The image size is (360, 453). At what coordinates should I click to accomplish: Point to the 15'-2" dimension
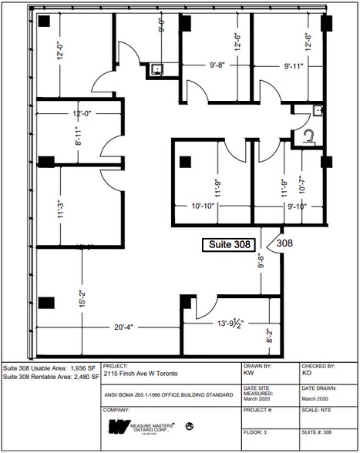pos(82,295)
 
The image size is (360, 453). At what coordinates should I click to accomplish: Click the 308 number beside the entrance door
pos(284,243)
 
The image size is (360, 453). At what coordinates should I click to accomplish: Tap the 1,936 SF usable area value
pos(82,368)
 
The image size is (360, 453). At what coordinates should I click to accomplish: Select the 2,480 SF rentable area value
pos(82,377)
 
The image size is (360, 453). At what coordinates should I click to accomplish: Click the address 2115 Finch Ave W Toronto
pos(141,374)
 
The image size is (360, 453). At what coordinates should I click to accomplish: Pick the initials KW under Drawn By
pos(248,374)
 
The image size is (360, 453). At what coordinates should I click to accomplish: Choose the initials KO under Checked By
pos(307,374)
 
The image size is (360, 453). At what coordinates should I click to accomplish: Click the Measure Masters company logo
pos(142,426)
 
